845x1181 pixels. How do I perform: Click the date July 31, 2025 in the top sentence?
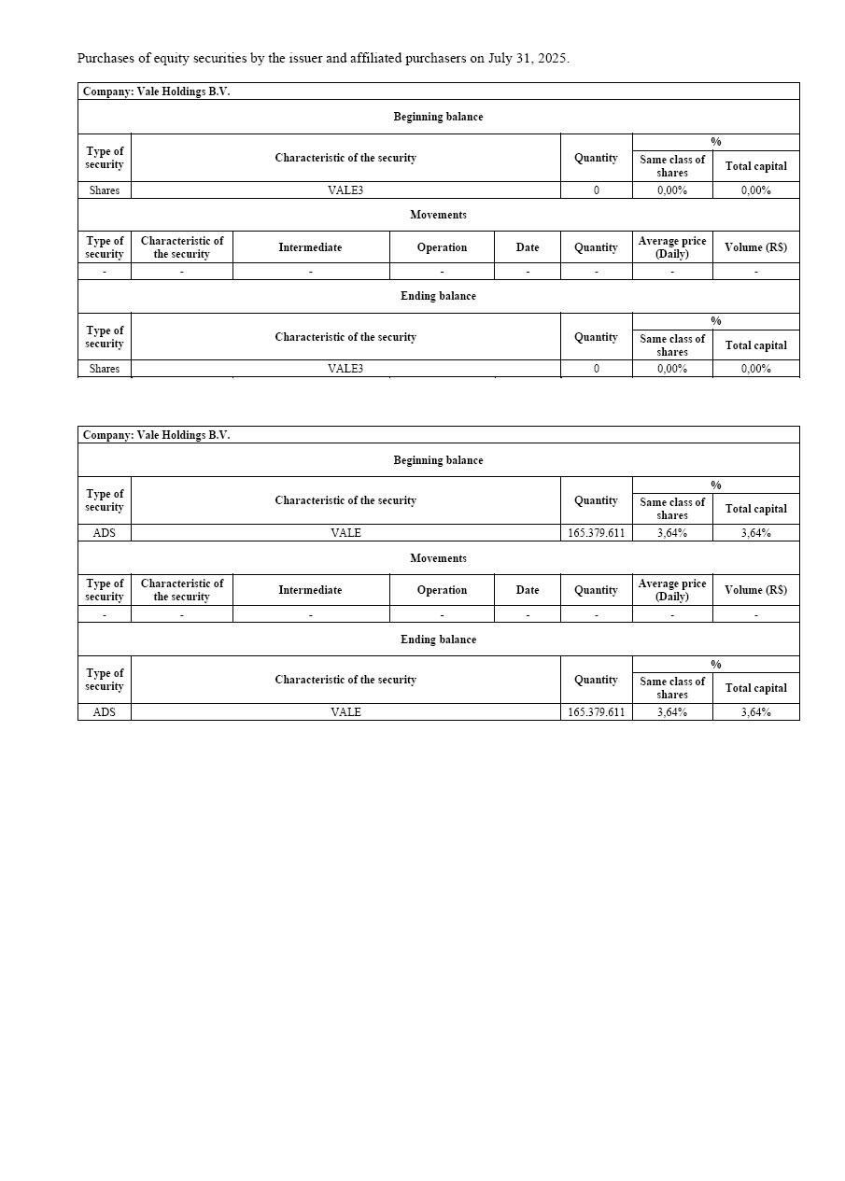pyautogui.click(x=528, y=58)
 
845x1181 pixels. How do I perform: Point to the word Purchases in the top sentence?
pyautogui.click(x=106, y=58)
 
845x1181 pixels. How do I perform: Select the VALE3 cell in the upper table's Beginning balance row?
pyautogui.click(x=345, y=190)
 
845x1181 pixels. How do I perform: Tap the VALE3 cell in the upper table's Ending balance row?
pyautogui.click(x=345, y=369)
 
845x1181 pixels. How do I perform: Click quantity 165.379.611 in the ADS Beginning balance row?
pyautogui.click(x=596, y=533)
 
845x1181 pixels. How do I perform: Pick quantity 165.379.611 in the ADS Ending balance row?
pyautogui.click(x=596, y=712)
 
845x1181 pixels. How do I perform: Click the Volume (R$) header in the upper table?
pyautogui.click(x=755, y=247)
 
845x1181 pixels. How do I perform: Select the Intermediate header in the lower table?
pyautogui.click(x=310, y=590)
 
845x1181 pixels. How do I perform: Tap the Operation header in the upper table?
pyautogui.click(x=442, y=247)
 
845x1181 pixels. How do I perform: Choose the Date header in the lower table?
pyautogui.click(x=528, y=590)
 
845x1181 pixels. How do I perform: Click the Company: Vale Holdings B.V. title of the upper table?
pyautogui.click(x=156, y=91)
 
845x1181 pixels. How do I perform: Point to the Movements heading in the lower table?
pyautogui.click(x=438, y=558)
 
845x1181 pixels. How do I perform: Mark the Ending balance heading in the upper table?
pyautogui.click(x=438, y=296)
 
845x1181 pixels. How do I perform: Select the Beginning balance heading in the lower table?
pyautogui.click(x=438, y=460)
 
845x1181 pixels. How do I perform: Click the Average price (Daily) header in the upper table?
pyautogui.click(x=671, y=247)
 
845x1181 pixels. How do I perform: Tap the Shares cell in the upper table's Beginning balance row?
pyautogui.click(x=105, y=190)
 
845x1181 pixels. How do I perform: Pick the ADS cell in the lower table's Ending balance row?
pyautogui.click(x=105, y=712)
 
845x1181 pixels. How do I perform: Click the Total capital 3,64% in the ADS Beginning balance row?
pyautogui.click(x=755, y=533)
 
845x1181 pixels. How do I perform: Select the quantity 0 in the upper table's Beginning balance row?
pyautogui.click(x=596, y=190)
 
